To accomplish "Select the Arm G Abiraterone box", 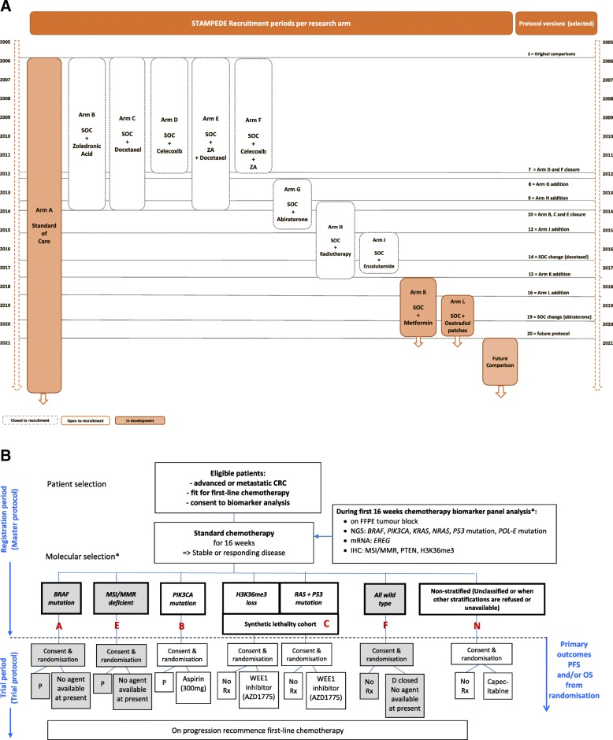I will tap(292, 203).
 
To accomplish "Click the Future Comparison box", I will tap(499, 361).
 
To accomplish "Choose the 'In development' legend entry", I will tap(139, 420).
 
